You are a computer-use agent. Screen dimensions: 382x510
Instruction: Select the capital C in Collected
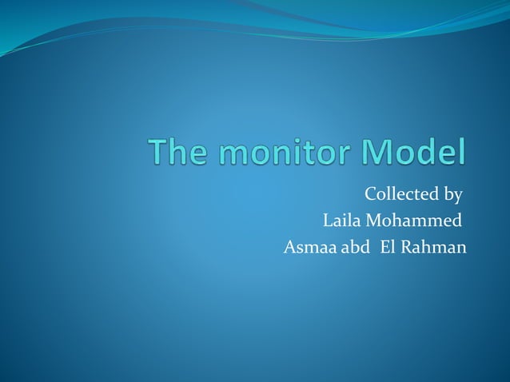pos(371,194)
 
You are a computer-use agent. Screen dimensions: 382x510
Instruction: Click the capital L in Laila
pos(326,220)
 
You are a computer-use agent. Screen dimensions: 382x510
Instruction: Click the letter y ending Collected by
pos(458,197)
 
